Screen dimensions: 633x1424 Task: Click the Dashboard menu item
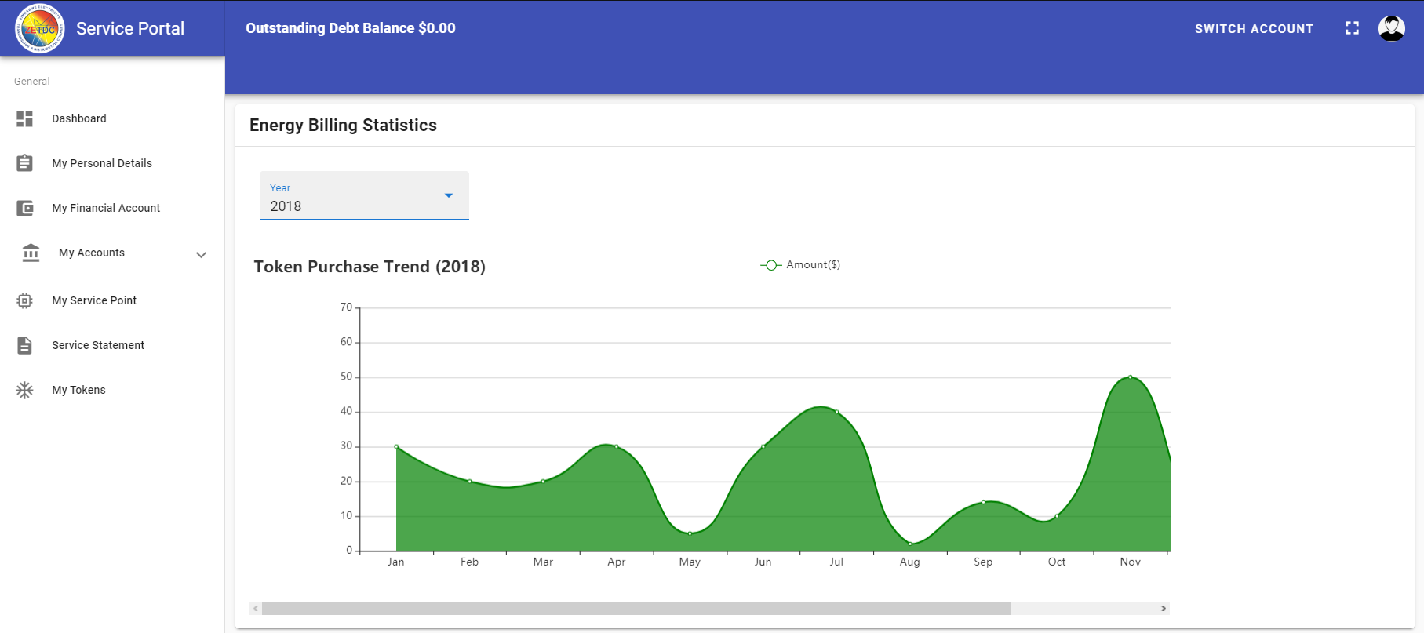click(78, 118)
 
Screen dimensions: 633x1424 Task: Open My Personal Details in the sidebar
click(101, 163)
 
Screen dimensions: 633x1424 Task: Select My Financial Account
click(105, 208)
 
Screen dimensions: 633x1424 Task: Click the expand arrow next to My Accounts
click(201, 254)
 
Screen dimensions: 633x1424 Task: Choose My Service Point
click(93, 300)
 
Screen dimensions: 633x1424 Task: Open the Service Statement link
click(97, 345)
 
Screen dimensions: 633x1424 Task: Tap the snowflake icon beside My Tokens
click(25, 390)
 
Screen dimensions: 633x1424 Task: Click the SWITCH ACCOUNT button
click(1254, 29)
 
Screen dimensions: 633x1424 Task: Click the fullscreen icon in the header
click(1352, 28)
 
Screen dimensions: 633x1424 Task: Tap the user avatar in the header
click(1391, 28)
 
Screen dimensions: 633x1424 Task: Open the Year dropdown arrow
click(449, 195)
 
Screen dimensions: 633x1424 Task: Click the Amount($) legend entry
click(801, 265)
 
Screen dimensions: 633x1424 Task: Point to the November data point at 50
click(1130, 377)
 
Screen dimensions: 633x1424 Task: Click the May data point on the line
click(690, 533)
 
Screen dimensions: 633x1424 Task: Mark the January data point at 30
click(396, 447)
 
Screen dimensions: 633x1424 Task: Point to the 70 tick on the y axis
click(346, 307)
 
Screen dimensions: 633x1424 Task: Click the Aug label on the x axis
click(909, 562)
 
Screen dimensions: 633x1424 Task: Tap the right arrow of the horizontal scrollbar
click(1164, 609)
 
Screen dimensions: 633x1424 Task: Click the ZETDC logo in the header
click(39, 29)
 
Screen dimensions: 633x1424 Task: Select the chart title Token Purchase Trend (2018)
click(370, 267)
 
